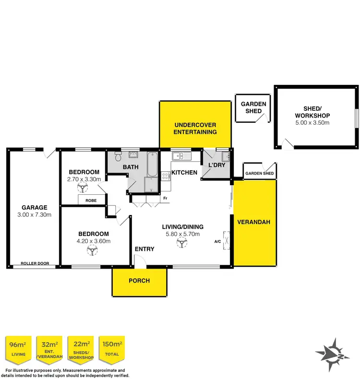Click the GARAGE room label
[x=33, y=208]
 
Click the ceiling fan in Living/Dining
[x=182, y=244]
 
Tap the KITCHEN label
[x=184, y=172]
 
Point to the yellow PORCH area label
[x=140, y=281]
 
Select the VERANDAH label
[x=254, y=222]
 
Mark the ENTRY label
[x=144, y=249]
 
